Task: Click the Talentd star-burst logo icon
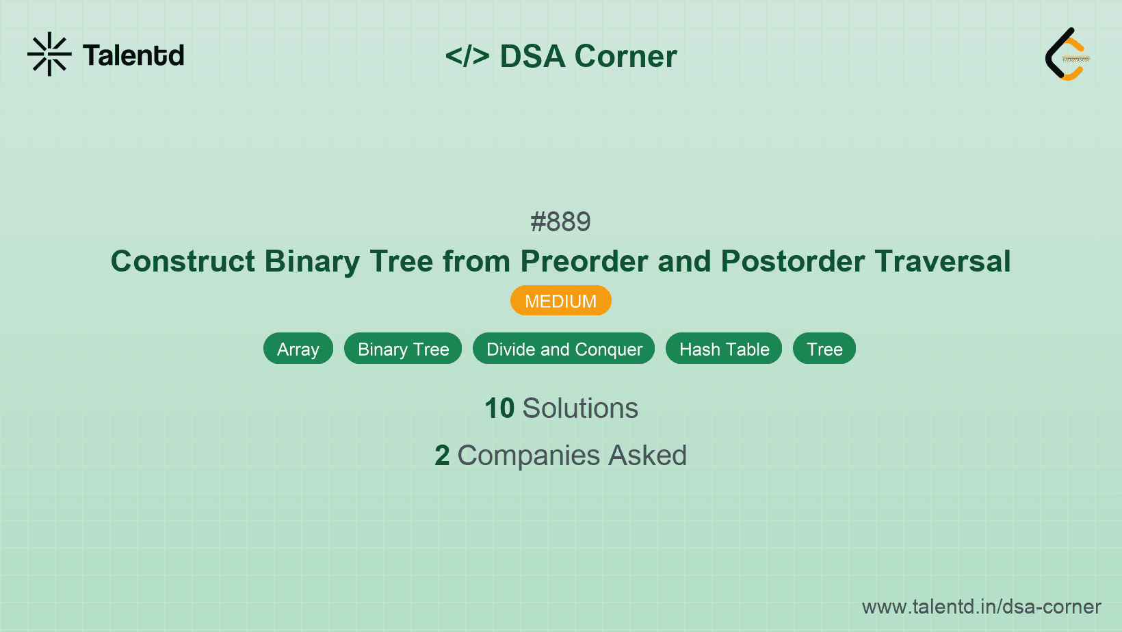[49, 54]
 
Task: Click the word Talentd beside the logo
[133, 55]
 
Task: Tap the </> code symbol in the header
[467, 56]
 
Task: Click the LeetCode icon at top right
[1067, 54]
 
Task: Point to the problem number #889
[560, 222]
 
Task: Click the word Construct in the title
[183, 261]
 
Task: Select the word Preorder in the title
[584, 261]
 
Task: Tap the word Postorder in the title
[792, 261]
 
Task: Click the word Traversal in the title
[942, 261]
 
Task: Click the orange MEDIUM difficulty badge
[560, 301]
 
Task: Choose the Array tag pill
[298, 349]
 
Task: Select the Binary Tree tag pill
[403, 349]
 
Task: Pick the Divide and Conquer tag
[564, 349]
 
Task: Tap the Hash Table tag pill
[724, 349]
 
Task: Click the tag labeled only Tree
[824, 349]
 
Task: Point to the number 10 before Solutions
[499, 408]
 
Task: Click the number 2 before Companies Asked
[442, 456]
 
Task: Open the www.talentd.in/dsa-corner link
[981, 607]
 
